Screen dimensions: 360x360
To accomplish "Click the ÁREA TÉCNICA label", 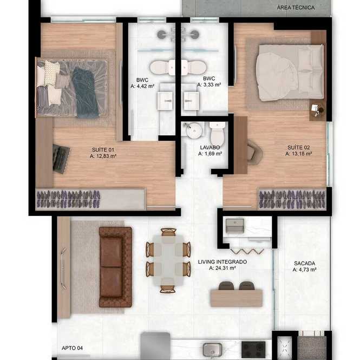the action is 296,8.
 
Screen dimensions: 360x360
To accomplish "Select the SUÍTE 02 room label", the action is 298,147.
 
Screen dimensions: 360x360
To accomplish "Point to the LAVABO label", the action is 210,147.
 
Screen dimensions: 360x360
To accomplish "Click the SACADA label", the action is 304,263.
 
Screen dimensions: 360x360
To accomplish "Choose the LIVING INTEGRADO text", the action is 222,261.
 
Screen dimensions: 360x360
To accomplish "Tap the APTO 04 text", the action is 72,348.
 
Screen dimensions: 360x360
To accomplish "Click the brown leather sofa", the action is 115,267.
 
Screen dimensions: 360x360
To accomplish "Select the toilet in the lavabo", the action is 217,134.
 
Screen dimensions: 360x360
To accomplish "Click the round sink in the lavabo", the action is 194,130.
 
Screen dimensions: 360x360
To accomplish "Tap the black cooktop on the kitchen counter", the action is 253,350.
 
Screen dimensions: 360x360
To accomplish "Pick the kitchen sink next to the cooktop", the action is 213,350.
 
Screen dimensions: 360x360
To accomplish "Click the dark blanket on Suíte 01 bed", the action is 86,93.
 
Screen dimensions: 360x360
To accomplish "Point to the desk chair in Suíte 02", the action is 255,153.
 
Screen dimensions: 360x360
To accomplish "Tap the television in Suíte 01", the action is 61,159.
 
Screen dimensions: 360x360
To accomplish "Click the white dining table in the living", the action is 168,260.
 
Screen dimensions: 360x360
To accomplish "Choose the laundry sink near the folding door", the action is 234,225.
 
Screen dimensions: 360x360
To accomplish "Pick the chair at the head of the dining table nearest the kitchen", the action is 168,289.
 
